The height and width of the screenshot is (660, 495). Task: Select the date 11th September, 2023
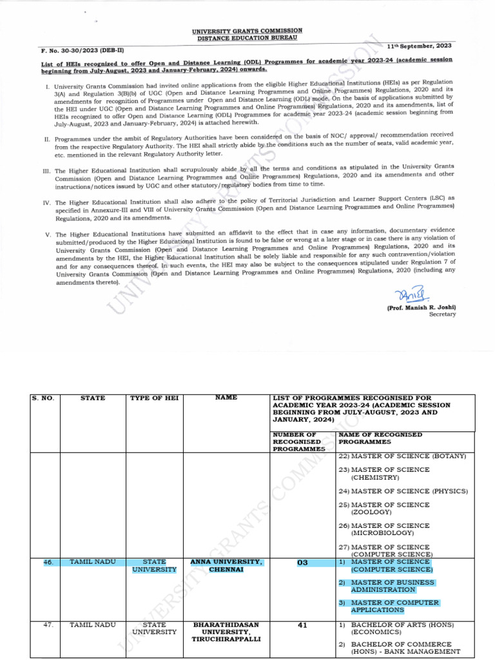(420, 47)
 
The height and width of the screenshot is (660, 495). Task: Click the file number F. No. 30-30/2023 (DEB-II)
(66, 50)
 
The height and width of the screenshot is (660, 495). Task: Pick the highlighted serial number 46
(48, 563)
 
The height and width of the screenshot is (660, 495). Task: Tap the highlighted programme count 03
(302, 563)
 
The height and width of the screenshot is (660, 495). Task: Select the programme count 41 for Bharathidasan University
(302, 625)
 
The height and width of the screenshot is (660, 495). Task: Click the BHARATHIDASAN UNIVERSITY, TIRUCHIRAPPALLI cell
(226, 632)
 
